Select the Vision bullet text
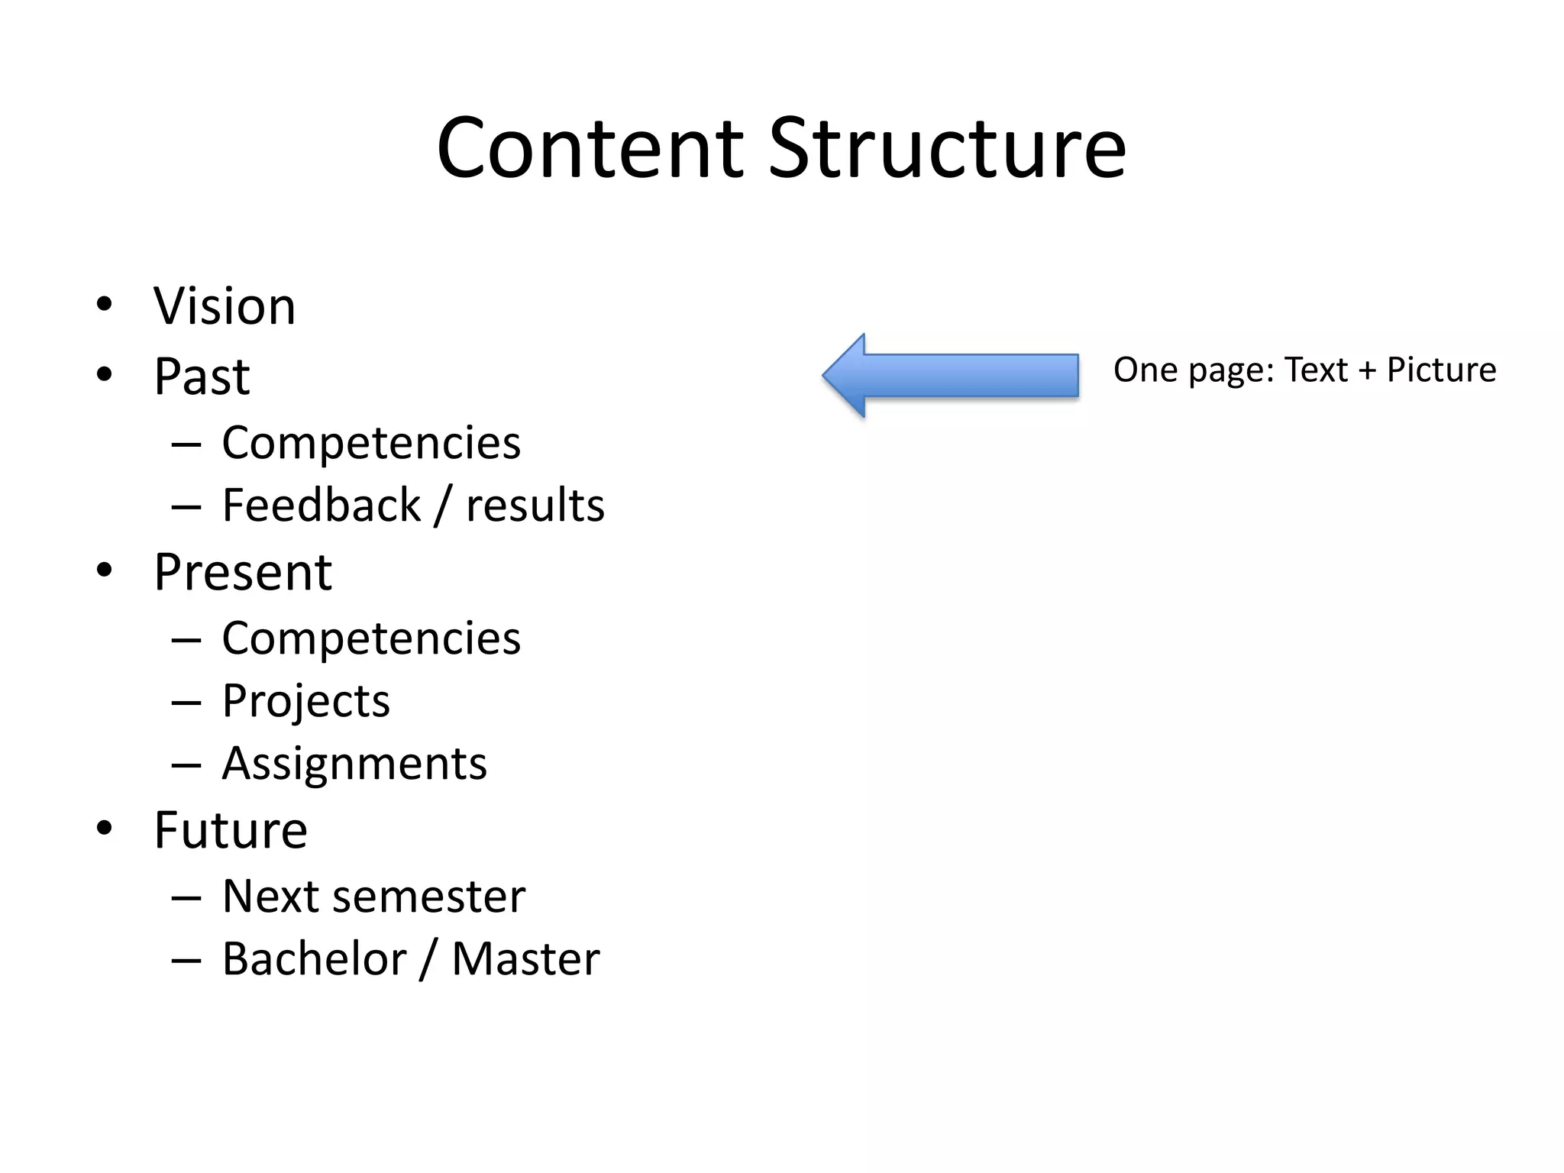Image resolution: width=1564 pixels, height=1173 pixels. (x=225, y=306)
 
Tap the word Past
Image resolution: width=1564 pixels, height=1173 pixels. (x=202, y=376)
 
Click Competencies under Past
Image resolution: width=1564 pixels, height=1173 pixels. (x=371, y=443)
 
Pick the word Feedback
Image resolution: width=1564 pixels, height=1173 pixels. (x=321, y=506)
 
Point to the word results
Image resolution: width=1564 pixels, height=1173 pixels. (x=535, y=506)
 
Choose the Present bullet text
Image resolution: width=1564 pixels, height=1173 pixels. (x=243, y=572)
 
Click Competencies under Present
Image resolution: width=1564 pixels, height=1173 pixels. (x=371, y=638)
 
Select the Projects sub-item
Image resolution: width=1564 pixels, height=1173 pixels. (x=305, y=701)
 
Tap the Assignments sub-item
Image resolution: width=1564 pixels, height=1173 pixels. (x=354, y=764)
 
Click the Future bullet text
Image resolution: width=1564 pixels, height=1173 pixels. (x=231, y=830)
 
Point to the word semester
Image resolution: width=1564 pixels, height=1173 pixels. (x=431, y=897)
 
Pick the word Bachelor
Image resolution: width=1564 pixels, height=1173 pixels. (x=314, y=959)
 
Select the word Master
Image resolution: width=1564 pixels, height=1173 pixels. (x=525, y=959)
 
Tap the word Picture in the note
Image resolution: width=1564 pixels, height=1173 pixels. (x=1441, y=370)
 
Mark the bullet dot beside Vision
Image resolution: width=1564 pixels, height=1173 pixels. (x=105, y=305)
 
